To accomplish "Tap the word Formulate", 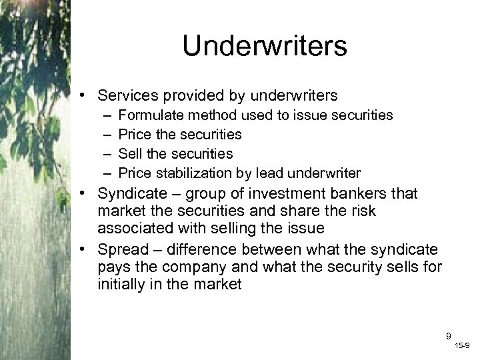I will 146,115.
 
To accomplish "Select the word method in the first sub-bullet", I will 199,115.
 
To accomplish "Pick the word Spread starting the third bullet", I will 120,250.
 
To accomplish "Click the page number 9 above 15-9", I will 449,336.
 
